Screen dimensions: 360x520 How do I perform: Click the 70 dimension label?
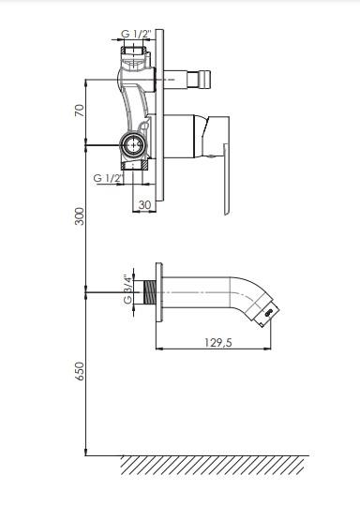(80, 111)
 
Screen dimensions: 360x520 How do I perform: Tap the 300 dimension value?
(80, 216)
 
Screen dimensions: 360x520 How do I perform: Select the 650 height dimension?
(80, 371)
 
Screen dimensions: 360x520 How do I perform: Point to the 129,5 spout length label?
(218, 342)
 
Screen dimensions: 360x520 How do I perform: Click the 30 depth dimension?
(144, 205)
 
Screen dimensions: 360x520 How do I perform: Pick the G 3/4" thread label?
(127, 290)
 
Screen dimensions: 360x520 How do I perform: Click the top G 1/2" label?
(136, 34)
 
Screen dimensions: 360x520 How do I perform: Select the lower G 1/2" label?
(109, 178)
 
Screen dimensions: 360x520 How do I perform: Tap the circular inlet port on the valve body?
(133, 145)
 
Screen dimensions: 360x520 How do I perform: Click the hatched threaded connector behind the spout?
(150, 292)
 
